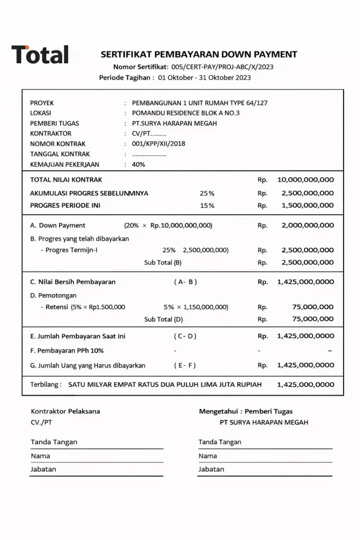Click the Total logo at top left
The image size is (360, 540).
40,54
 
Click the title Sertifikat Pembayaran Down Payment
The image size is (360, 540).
199,54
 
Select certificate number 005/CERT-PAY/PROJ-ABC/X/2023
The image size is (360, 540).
222,67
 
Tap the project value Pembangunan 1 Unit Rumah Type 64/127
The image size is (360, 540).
200,103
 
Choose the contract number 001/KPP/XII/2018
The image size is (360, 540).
159,143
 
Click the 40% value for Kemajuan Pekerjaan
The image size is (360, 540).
139,164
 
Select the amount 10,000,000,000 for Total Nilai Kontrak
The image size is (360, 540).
305,180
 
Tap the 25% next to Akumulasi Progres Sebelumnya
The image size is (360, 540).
207,193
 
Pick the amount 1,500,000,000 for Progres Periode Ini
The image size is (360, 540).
307,205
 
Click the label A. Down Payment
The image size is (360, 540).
58,225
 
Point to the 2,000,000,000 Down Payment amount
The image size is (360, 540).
307,225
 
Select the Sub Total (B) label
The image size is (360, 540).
163,262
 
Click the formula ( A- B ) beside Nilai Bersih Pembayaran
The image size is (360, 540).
186,282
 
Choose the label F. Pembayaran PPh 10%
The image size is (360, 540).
67,350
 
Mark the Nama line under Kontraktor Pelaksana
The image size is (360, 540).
96,456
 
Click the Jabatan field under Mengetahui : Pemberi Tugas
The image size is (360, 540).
265,469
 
